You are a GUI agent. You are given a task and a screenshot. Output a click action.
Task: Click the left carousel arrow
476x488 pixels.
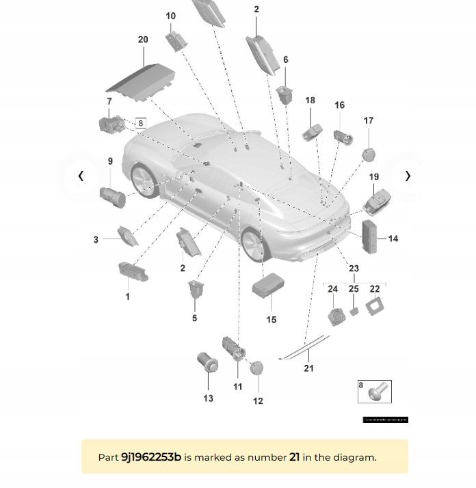coord(81,176)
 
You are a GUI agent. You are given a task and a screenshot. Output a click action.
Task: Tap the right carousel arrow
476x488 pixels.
coord(408,176)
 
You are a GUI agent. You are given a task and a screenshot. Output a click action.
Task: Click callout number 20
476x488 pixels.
coord(143,40)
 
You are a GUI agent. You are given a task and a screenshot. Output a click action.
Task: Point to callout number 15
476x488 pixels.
coord(272,319)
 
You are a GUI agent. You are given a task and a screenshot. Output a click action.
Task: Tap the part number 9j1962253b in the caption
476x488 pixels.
coord(150,457)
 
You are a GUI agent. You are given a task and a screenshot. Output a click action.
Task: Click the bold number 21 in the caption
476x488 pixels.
coord(294,457)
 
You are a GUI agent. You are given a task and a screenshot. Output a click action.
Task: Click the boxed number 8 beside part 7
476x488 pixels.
coord(141,123)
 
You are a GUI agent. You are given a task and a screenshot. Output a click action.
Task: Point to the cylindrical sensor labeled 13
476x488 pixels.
coord(207,361)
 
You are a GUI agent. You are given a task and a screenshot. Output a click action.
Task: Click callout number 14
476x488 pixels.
coord(393,239)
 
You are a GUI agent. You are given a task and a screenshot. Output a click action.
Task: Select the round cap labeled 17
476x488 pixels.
coord(369,151)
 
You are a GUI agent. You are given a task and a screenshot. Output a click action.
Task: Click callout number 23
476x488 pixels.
coord(354,269)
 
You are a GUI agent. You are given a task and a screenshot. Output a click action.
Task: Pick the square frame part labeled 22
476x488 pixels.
coord(374,308)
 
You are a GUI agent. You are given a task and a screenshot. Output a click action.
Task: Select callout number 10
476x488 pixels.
coord(170,16)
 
